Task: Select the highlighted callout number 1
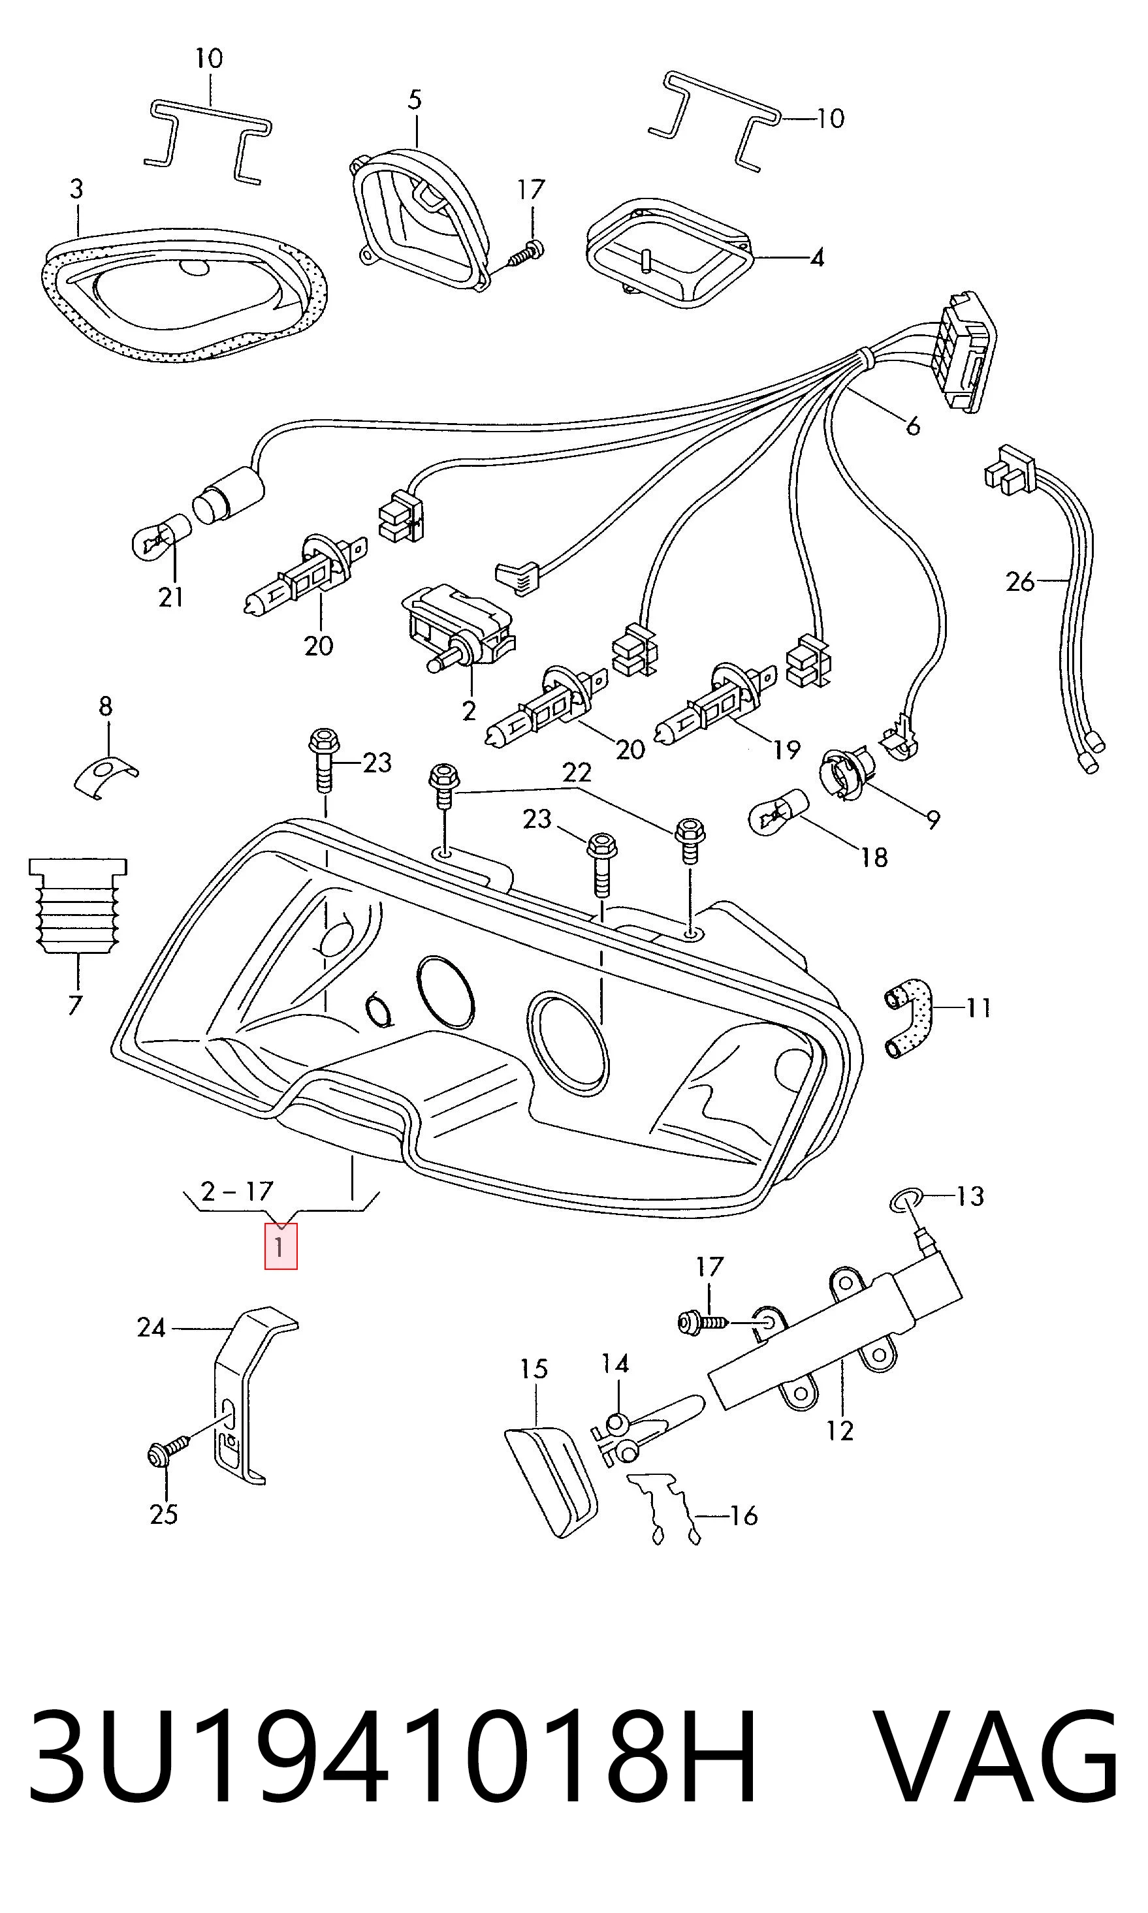pos(280,1246)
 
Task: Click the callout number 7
pos(74,1006)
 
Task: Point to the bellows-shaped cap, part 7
pos(78,906)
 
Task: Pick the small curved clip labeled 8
pos(106,776)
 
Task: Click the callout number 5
pos(415,99)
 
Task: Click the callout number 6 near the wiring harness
pos(913,425)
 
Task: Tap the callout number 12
pos(839,1431)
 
